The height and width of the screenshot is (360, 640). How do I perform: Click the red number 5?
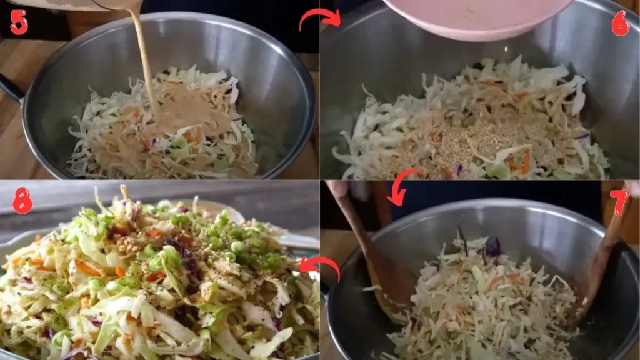click(19, 22)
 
